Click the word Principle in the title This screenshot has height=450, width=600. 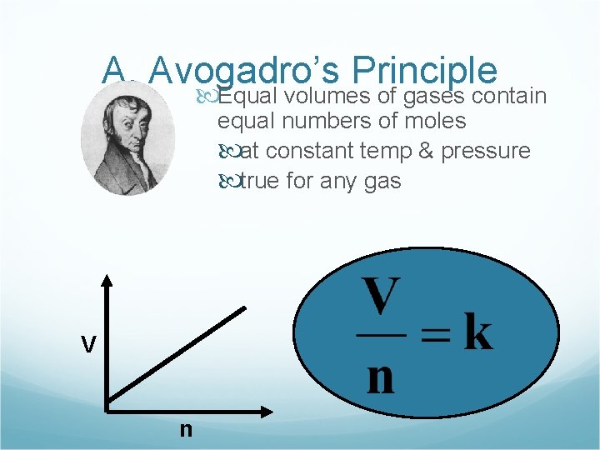pyautogui.click(x=424, y=72)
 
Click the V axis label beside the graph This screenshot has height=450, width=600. pyautogui.click(x=87, y=344)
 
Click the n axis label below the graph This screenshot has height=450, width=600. pyautogui.click(x=185, y=428)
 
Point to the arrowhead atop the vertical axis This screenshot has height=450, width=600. pyautogui.click(x=107, y=281)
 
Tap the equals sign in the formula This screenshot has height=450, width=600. pyautogui.click(x=434, y=335)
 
